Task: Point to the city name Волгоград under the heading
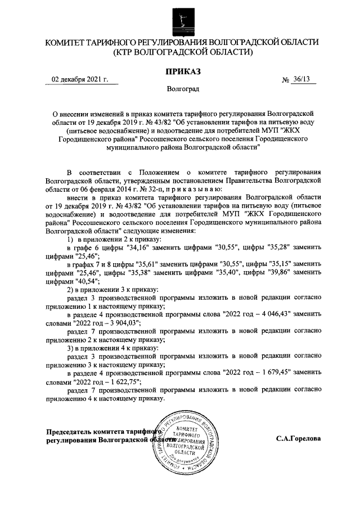pos(182,89)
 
